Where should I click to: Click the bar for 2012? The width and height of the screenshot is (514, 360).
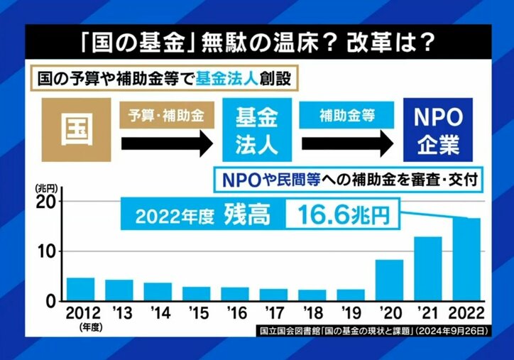tap(80, 289)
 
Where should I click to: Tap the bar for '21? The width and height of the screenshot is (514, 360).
tap(427, 268)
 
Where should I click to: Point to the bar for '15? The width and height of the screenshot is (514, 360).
tap(196, 293)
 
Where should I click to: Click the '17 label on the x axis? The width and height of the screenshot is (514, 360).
tap(273, 312)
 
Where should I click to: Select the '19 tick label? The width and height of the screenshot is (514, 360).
tap(351, 312)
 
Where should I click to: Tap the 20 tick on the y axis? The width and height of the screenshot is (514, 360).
tap(46, 202)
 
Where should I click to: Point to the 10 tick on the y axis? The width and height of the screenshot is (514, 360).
tap(46, 251)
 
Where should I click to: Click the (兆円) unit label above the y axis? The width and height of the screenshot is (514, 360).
tap(45, 187)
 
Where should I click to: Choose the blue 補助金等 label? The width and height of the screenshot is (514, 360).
tap(347, 115)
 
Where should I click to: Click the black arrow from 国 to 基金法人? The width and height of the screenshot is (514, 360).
tap(167, 143)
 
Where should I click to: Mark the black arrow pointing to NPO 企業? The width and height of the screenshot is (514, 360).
tap(348, 143)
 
